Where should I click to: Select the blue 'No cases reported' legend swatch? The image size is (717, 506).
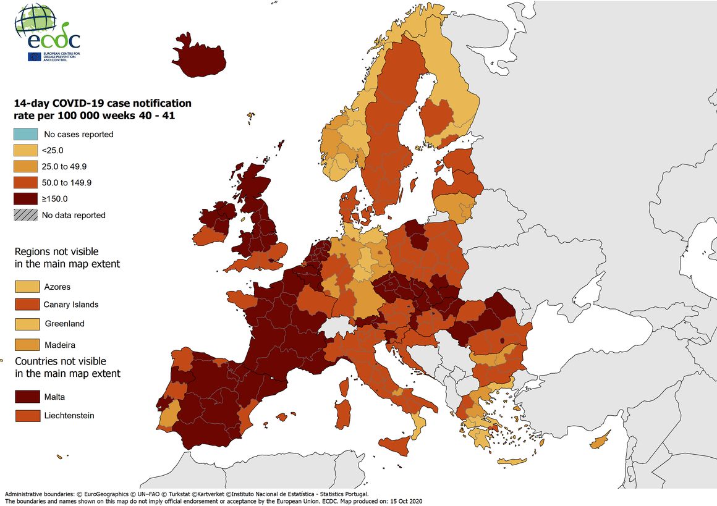click(x=25, y=134)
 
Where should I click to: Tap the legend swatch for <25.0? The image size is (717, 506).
click(x=25, y=150)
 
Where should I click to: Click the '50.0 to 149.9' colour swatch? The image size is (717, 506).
click(x=25, y=182)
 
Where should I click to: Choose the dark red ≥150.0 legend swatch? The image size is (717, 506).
click(x=25, y=199)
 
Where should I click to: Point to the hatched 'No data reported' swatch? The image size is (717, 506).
click(x=25, y=215)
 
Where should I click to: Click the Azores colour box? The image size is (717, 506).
click(x=25, y=287)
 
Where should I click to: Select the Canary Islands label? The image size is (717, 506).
click(x=70, y=305)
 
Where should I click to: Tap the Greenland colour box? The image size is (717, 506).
click(x=25, y=324)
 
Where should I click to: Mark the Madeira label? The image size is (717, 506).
click(x=59, y=345)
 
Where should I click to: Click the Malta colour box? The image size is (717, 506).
click(x=25, y=397)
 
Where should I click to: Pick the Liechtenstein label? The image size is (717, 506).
click(x=69, y=416)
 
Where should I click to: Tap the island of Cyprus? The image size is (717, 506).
click(x=599, y=442)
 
